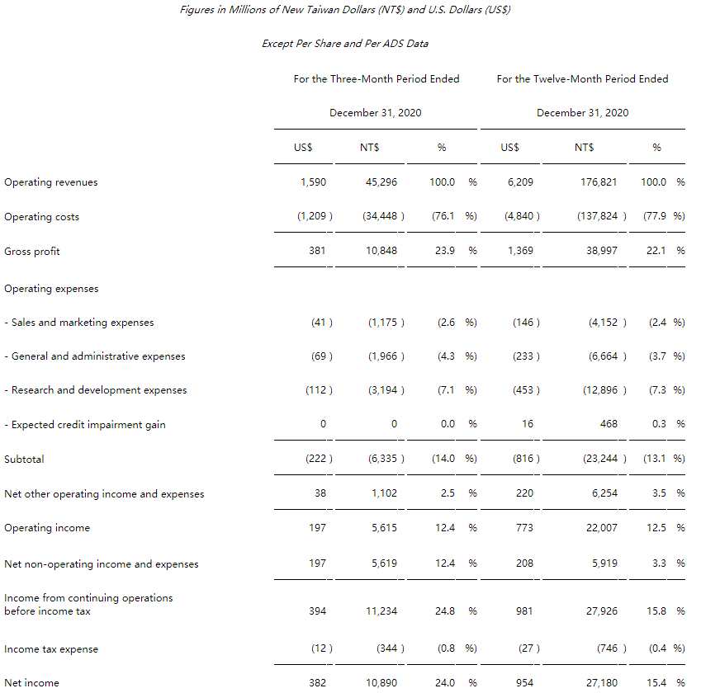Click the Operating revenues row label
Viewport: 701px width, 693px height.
tap(51, 182)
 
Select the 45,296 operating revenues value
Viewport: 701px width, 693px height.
tap(381, 182)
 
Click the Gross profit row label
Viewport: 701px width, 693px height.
tap(32, 251)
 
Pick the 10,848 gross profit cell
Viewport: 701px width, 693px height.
tap(381, 251)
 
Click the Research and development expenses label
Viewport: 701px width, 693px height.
tap(96, 390)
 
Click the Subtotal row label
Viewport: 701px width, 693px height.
tap(25, 459)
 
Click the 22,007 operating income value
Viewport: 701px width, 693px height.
tap(602, 528)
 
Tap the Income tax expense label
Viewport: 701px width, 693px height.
tap(51, 649)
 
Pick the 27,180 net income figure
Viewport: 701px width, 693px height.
tap(602, 683)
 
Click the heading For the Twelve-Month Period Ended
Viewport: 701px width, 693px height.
tap(582, 79)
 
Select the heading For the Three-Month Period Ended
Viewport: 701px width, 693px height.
tap(377, 79)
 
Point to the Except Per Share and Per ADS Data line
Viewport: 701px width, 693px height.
tap(345, 44)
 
